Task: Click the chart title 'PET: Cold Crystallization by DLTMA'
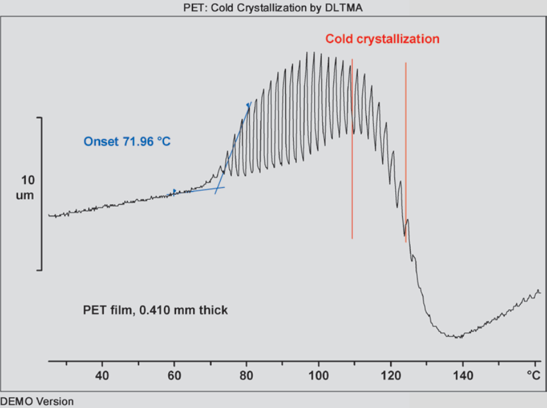click(x=273, y=8)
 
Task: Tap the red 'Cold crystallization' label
click(x=382, y=39)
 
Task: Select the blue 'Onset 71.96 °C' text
click(x=128, y=142)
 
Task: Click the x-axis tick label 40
click(x=102, y=374)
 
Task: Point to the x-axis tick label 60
click(x=174, y=374)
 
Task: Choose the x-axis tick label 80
click(x=246, y=374)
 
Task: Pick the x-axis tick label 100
click(x=318, y=374)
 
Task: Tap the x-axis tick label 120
click(x=391, y=374)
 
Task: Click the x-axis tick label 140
click(x=463, y=374)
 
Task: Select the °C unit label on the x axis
click(x=533, y=374)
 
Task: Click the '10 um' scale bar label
click(x=25, y=187)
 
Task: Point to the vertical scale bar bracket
click(x=40, y=193)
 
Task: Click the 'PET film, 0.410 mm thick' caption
click(x=155, y=310)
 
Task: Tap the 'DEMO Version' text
click(x=37, y=401)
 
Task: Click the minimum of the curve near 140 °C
click(x=458, y=337)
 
